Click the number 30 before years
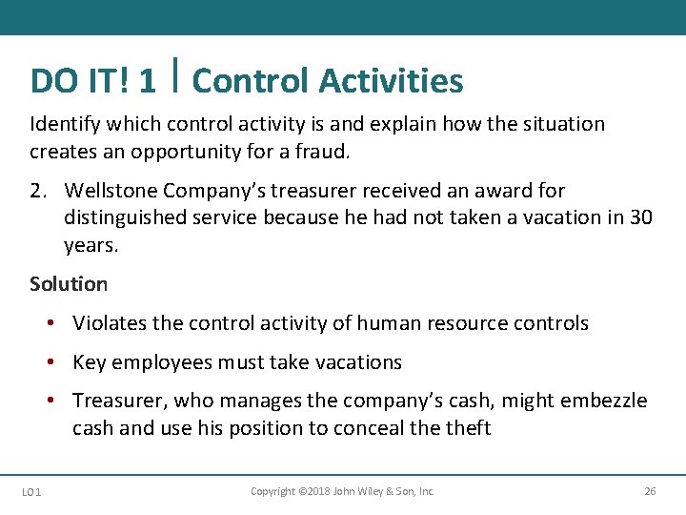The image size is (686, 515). click(x=640, y=217)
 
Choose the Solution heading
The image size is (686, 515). click(x=69, y=284)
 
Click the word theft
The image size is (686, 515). click(x=467, y=428)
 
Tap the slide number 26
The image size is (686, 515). click(x=650, y=491)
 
